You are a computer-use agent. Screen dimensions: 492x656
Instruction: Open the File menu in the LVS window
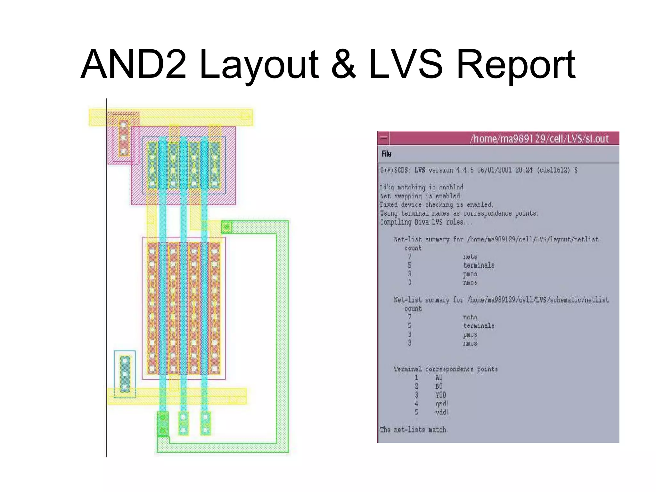coord(386,154)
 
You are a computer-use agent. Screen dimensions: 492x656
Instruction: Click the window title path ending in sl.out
coord(539,139)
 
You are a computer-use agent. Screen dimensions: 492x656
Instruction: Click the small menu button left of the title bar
coord(383,139)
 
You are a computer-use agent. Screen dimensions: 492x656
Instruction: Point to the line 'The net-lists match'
coord(413,430)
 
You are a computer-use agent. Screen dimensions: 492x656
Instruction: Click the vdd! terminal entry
coord(442,412)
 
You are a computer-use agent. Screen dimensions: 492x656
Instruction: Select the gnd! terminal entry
coord(442,404)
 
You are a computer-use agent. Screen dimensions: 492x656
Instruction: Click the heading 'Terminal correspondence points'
coord(446,369)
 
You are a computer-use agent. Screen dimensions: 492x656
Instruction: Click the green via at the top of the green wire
coord(226,227)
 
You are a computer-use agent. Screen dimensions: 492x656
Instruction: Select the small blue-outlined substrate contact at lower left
coord(125,374)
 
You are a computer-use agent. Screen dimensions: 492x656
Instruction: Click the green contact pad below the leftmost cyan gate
coord(163,424)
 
